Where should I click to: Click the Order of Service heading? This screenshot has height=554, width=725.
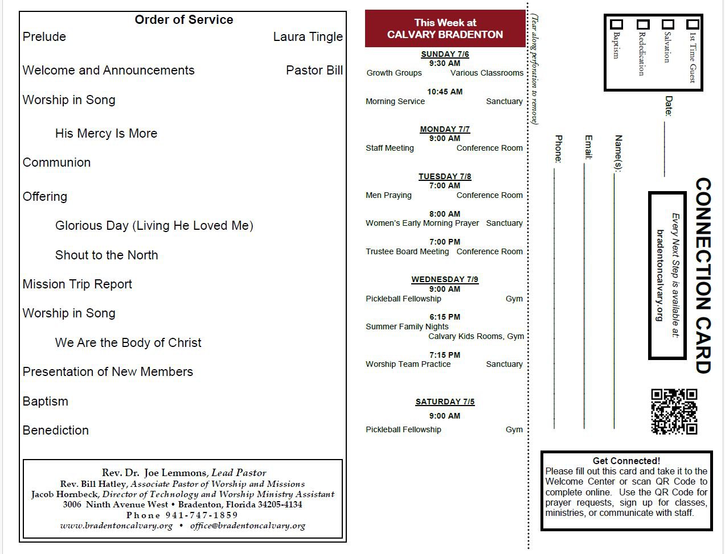183,20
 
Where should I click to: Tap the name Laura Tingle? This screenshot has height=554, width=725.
308,37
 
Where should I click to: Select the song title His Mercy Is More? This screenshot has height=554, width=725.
106,134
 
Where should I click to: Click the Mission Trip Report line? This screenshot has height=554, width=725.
77,284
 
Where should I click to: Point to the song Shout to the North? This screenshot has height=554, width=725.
107,255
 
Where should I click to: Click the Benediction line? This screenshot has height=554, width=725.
55,431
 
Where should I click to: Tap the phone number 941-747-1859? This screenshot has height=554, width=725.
202,515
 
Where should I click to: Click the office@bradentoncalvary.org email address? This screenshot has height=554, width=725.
248,526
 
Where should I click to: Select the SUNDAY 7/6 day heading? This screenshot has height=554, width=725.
445,54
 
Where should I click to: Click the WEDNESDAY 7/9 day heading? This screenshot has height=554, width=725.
445,279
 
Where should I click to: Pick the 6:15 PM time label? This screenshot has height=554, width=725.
445,317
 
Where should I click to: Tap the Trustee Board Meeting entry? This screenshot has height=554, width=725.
407,251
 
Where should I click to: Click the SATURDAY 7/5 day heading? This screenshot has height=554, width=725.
445,402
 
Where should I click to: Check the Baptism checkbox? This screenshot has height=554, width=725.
616,24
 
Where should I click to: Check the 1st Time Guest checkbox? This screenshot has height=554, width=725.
693,24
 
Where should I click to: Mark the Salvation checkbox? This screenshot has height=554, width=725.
667,24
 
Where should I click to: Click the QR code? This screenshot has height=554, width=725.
674,412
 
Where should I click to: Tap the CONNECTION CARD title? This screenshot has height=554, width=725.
703,276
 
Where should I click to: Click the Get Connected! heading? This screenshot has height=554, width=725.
626,461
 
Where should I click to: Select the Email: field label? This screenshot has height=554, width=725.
588,147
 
